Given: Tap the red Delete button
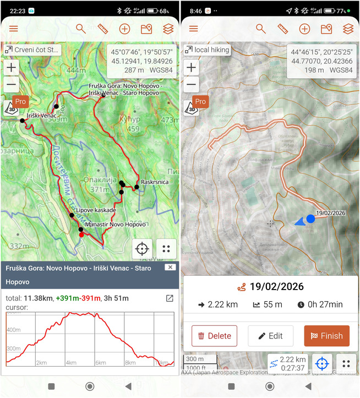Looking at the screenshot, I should coord(214,336).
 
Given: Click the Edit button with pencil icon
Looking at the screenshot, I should coord(270,336).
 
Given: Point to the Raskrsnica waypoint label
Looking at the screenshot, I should coord(154,181).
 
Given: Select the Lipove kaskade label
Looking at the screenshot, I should coord(96,210).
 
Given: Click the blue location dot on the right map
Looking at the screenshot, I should coord(310,219).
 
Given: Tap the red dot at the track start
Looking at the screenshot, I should coord(81,235).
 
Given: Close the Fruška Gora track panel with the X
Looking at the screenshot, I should coord(170,267).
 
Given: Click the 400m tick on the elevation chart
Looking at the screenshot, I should coord(14,330).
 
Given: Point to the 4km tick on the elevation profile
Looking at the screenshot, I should coord(71,363).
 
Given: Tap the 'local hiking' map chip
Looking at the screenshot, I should coord(208,50).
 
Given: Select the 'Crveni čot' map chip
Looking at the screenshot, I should coord(32,50).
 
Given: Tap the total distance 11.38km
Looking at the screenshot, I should coord(38,298).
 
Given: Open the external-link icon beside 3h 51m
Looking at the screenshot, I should coord(170,298).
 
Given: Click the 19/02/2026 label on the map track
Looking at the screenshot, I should coord(330,213).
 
